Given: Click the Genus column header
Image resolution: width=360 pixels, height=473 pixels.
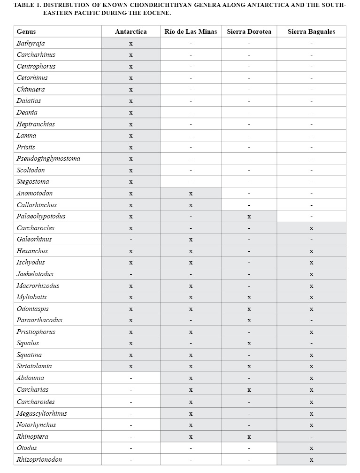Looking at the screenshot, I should [26, 32].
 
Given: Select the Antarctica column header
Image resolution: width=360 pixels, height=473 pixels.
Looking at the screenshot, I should [130, 32].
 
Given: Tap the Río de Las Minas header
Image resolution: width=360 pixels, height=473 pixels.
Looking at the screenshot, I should [191, 32].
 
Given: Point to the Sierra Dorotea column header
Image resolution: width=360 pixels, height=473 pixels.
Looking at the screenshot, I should [249, 32].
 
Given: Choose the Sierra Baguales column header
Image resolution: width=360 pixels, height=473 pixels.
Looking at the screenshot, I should [311, 32].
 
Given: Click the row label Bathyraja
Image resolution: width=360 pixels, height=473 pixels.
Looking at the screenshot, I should [31, 43].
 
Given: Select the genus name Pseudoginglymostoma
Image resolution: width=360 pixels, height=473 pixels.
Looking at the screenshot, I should [48, 159].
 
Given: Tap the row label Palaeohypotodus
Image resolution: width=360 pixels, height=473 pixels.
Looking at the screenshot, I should [41, 217].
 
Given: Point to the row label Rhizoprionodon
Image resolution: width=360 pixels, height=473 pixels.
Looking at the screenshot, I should [39, 459].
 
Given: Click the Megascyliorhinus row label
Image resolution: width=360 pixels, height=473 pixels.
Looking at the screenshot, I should [42, 413].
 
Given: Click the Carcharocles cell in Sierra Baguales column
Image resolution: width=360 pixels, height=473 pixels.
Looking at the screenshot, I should [311, 228].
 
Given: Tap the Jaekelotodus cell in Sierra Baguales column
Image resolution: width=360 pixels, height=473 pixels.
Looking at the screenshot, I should [311, 274].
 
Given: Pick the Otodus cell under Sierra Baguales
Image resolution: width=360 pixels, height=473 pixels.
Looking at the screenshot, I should [311, 448].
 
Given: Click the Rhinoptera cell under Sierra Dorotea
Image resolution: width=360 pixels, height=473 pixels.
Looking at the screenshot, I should [249, 437].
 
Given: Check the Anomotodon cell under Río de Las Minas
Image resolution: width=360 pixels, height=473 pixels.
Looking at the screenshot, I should [191, 194].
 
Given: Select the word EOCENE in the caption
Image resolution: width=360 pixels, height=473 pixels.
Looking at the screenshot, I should [153, 13].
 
